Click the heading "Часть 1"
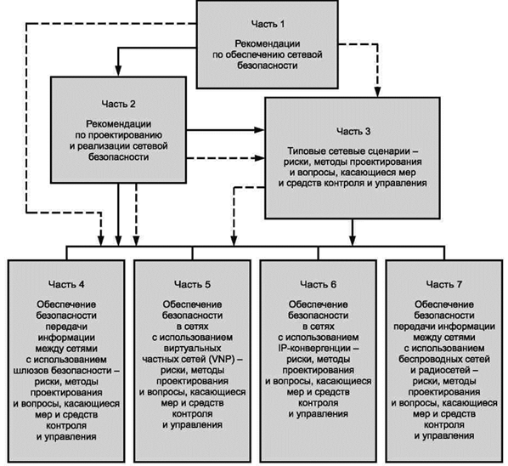click(268, 24)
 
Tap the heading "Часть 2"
click(118, 104)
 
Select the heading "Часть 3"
click(353, 131)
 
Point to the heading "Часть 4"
click(66, 284)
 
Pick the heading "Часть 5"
click(193, 284)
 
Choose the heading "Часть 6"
click(319, 284)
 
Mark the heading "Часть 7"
click(443, 284)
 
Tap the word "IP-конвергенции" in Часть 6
click(314, 349)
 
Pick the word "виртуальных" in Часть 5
click(193, 349)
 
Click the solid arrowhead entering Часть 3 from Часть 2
click(259, 130)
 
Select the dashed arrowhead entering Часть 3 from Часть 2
click(259, 158)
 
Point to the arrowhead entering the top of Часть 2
click(118, 71)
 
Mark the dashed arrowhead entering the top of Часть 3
click(377, 92)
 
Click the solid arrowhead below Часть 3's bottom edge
click(353, 241)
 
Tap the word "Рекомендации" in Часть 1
click(268, 43)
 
